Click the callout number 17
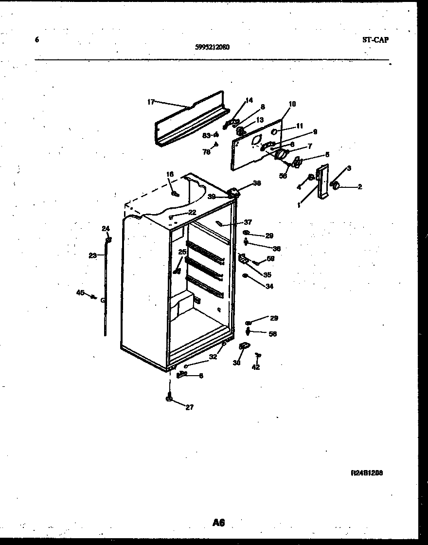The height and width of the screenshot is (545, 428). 150,102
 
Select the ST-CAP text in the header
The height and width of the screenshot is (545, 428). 375,40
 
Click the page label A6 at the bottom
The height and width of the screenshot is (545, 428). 218,523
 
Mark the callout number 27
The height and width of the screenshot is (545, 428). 189,407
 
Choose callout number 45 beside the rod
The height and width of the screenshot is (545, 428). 80,292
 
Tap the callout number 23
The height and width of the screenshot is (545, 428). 92,255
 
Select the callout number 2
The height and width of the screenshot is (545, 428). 359,186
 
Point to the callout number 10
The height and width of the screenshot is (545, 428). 292,104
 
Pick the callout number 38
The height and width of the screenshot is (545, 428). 257,183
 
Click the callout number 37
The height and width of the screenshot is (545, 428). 248,222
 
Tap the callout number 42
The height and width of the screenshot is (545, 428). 256,367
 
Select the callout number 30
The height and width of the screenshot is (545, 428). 237,363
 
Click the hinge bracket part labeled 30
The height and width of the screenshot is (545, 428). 243,346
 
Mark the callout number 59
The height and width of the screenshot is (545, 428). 270,259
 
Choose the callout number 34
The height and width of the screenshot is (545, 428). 269,287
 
